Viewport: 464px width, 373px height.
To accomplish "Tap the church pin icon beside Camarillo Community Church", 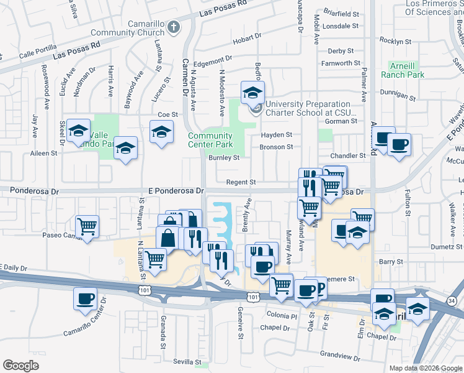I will point(173,27).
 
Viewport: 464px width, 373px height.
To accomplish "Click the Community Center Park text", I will point(210,140).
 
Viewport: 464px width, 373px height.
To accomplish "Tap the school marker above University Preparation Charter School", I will point(252,93).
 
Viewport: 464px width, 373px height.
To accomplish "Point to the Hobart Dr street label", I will point(248,42).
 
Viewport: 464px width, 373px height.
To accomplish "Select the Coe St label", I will point(167,114).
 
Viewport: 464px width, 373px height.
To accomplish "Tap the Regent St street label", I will point(241,182).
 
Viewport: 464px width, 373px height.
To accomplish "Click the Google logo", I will point(20,365).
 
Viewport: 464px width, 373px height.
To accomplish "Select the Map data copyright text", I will point(425,368).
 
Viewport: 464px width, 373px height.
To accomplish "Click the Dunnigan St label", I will point(397,96).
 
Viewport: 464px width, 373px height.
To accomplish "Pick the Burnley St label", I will point(223,158).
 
